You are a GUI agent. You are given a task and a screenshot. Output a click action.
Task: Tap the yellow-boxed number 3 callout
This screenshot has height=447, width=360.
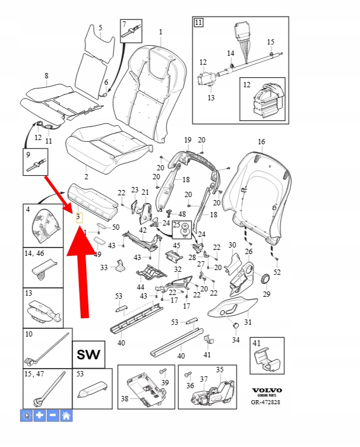point(78,218)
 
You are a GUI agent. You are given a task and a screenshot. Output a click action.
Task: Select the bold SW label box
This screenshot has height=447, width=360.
point(89,356)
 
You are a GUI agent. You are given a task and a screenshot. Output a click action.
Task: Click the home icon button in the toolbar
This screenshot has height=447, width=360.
point(66,416)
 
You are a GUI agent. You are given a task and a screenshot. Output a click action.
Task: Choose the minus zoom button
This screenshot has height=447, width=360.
point(53,416)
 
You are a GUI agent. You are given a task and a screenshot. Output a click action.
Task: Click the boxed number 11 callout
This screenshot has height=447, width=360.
point(198,23)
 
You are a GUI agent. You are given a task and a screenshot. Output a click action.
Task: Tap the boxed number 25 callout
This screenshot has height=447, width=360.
point(176,226)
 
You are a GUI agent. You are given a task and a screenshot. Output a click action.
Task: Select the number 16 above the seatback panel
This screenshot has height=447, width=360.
point(261,142)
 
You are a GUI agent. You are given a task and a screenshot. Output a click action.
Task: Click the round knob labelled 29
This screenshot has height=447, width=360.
point(265,279)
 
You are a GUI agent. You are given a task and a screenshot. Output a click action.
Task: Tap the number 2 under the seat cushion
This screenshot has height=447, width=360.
point(86,176)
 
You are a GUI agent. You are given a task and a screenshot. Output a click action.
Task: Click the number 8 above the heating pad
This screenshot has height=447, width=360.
point(46,75)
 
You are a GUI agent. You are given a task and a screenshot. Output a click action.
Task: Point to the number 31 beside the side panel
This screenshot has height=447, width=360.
point(248,322)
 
